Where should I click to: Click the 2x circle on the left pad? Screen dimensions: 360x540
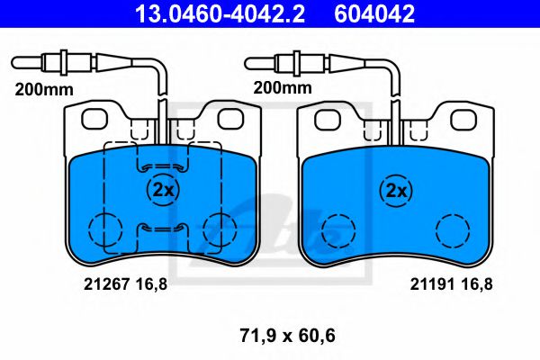click(x=163, y=190)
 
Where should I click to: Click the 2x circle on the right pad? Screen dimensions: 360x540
click(x=395, y=190)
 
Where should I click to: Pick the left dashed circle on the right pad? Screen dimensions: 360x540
click(x=338, y=229)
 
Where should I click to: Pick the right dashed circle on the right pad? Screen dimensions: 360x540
click(x=452, y=229)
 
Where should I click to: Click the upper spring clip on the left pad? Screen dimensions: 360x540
click(x=162, y=165)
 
